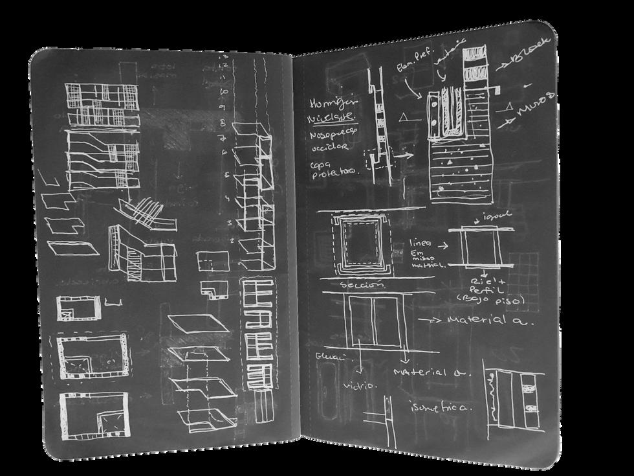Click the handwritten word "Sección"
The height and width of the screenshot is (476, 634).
[x=365, y=286]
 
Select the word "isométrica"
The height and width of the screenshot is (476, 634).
[x=440, y=407]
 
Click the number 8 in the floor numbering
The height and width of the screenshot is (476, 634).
[x=222, y=121]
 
